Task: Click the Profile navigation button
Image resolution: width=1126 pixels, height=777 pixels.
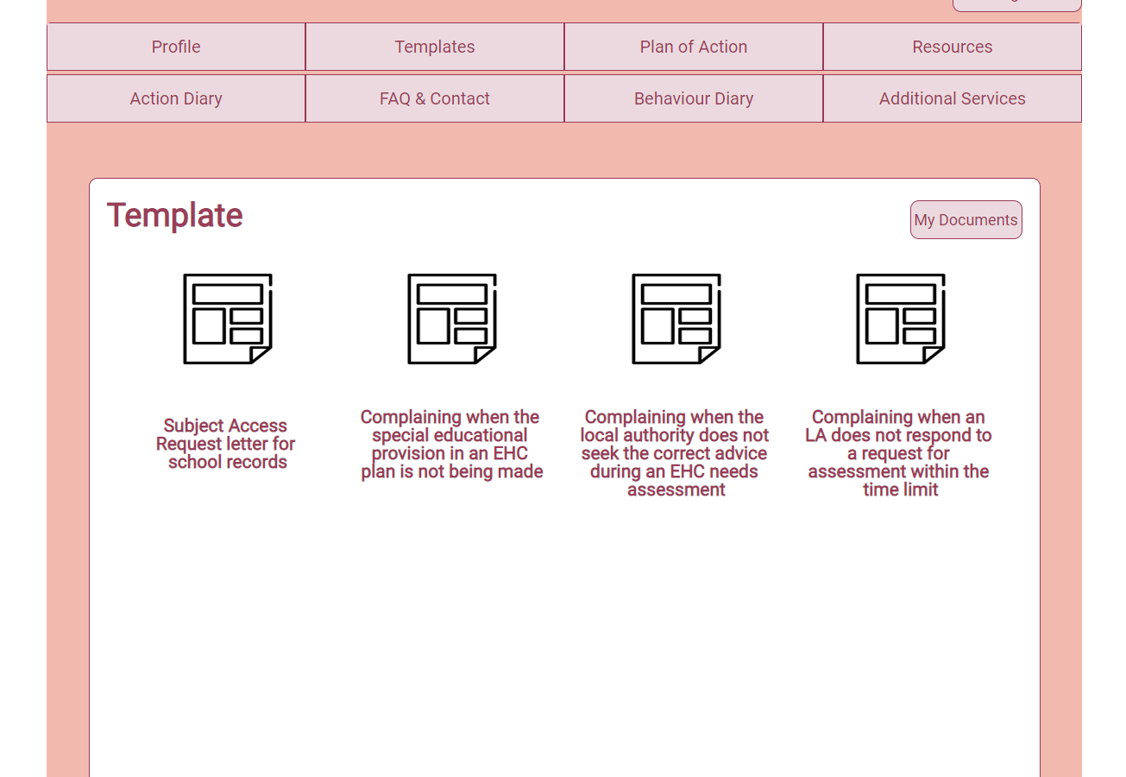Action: click(176, 47)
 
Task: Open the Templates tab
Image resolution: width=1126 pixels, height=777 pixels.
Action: click(435, 47)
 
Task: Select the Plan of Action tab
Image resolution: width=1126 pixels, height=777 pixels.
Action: click(694, 47)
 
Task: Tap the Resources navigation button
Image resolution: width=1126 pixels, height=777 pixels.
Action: click(952, 47)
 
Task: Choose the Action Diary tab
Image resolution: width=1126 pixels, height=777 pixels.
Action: click(176, 98)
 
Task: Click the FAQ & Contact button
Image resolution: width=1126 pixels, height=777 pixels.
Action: click(435, 98)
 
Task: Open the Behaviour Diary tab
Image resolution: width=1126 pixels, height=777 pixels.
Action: click(694, 98)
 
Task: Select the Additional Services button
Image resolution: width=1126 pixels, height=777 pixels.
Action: click(952, 98)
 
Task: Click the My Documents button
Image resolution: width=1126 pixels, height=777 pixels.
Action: click(966, 220)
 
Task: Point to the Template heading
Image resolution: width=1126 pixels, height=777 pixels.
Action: click(175, 215)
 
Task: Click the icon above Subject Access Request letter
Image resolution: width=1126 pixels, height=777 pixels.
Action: click(228, 319)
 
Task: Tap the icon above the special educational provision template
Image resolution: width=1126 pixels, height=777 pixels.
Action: click(452, 319)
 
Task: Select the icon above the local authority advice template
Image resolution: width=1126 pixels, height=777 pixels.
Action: click(676, 319)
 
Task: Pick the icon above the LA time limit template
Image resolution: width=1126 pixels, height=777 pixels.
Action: click(900, 319)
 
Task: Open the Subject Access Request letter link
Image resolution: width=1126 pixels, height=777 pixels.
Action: click(226, 444)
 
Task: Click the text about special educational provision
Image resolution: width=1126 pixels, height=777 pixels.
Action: click(451, 445)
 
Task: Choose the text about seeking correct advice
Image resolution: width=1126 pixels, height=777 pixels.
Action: click(675, 453)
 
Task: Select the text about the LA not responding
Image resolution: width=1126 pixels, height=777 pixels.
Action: click(898, 453)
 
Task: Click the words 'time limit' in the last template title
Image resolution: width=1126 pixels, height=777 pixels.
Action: click(900, 490)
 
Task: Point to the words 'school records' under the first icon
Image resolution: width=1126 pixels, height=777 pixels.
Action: click(228, 462)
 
